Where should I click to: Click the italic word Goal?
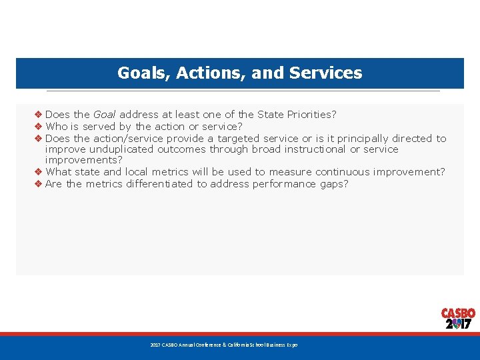click(105, 115)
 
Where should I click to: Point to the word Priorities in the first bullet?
click(310, 115)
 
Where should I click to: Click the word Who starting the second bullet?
click(57, 127)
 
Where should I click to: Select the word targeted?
click(232, 139)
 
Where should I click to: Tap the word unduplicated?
click(115, 149)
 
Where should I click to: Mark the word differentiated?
click(159, 184)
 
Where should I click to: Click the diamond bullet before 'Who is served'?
click(39, 127)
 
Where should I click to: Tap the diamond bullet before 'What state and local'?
click(39, 172)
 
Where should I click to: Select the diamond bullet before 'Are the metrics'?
click(39, 184)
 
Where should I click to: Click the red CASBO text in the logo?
click(458, 313)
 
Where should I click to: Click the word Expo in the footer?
click(292, 345)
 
